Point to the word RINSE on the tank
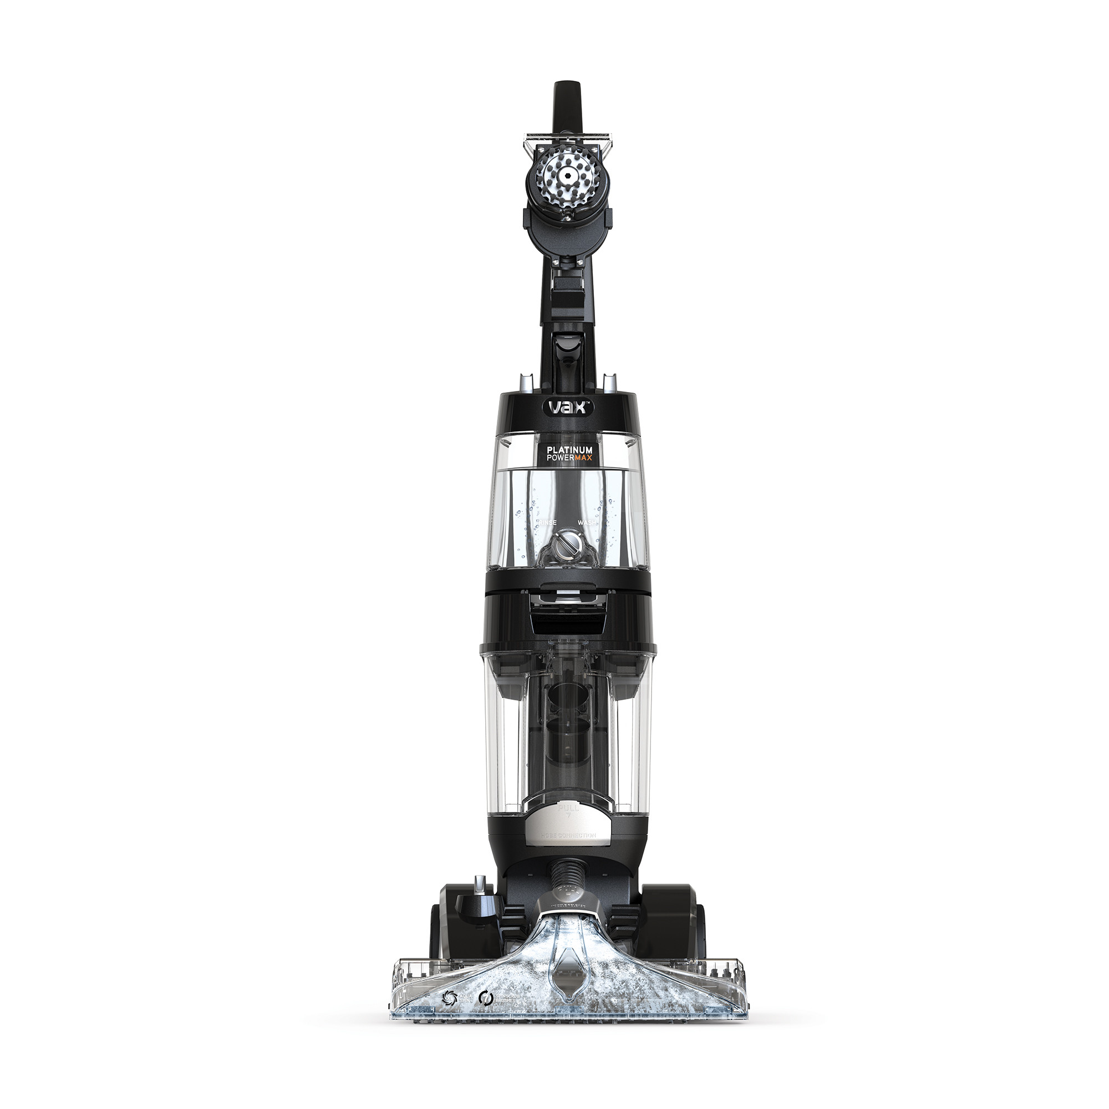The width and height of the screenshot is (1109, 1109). pyautogui.click(x=548, y=523)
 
